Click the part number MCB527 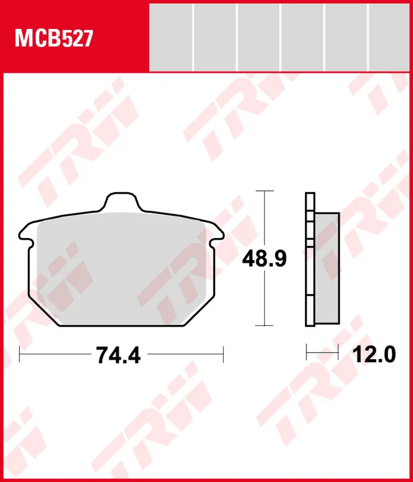53,39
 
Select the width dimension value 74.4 118,355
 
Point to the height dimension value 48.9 264,258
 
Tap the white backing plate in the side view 310,259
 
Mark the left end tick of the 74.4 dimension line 20,355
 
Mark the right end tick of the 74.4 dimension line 224,355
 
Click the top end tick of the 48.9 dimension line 261,191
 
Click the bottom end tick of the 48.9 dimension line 261,325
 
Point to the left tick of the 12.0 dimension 307,349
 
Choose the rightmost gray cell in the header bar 388,36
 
